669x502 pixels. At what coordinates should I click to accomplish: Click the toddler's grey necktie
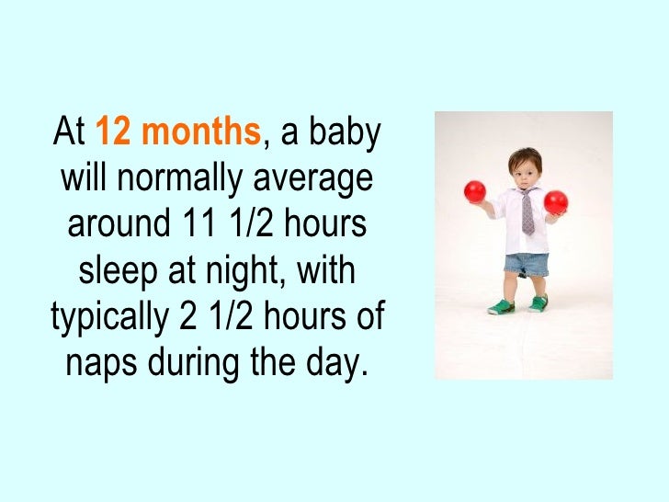[527, 212]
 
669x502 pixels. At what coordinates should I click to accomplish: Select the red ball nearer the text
[474, 192]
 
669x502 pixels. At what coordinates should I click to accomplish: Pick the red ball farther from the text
[556, 201]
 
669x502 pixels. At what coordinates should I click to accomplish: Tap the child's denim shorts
[526, 265]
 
